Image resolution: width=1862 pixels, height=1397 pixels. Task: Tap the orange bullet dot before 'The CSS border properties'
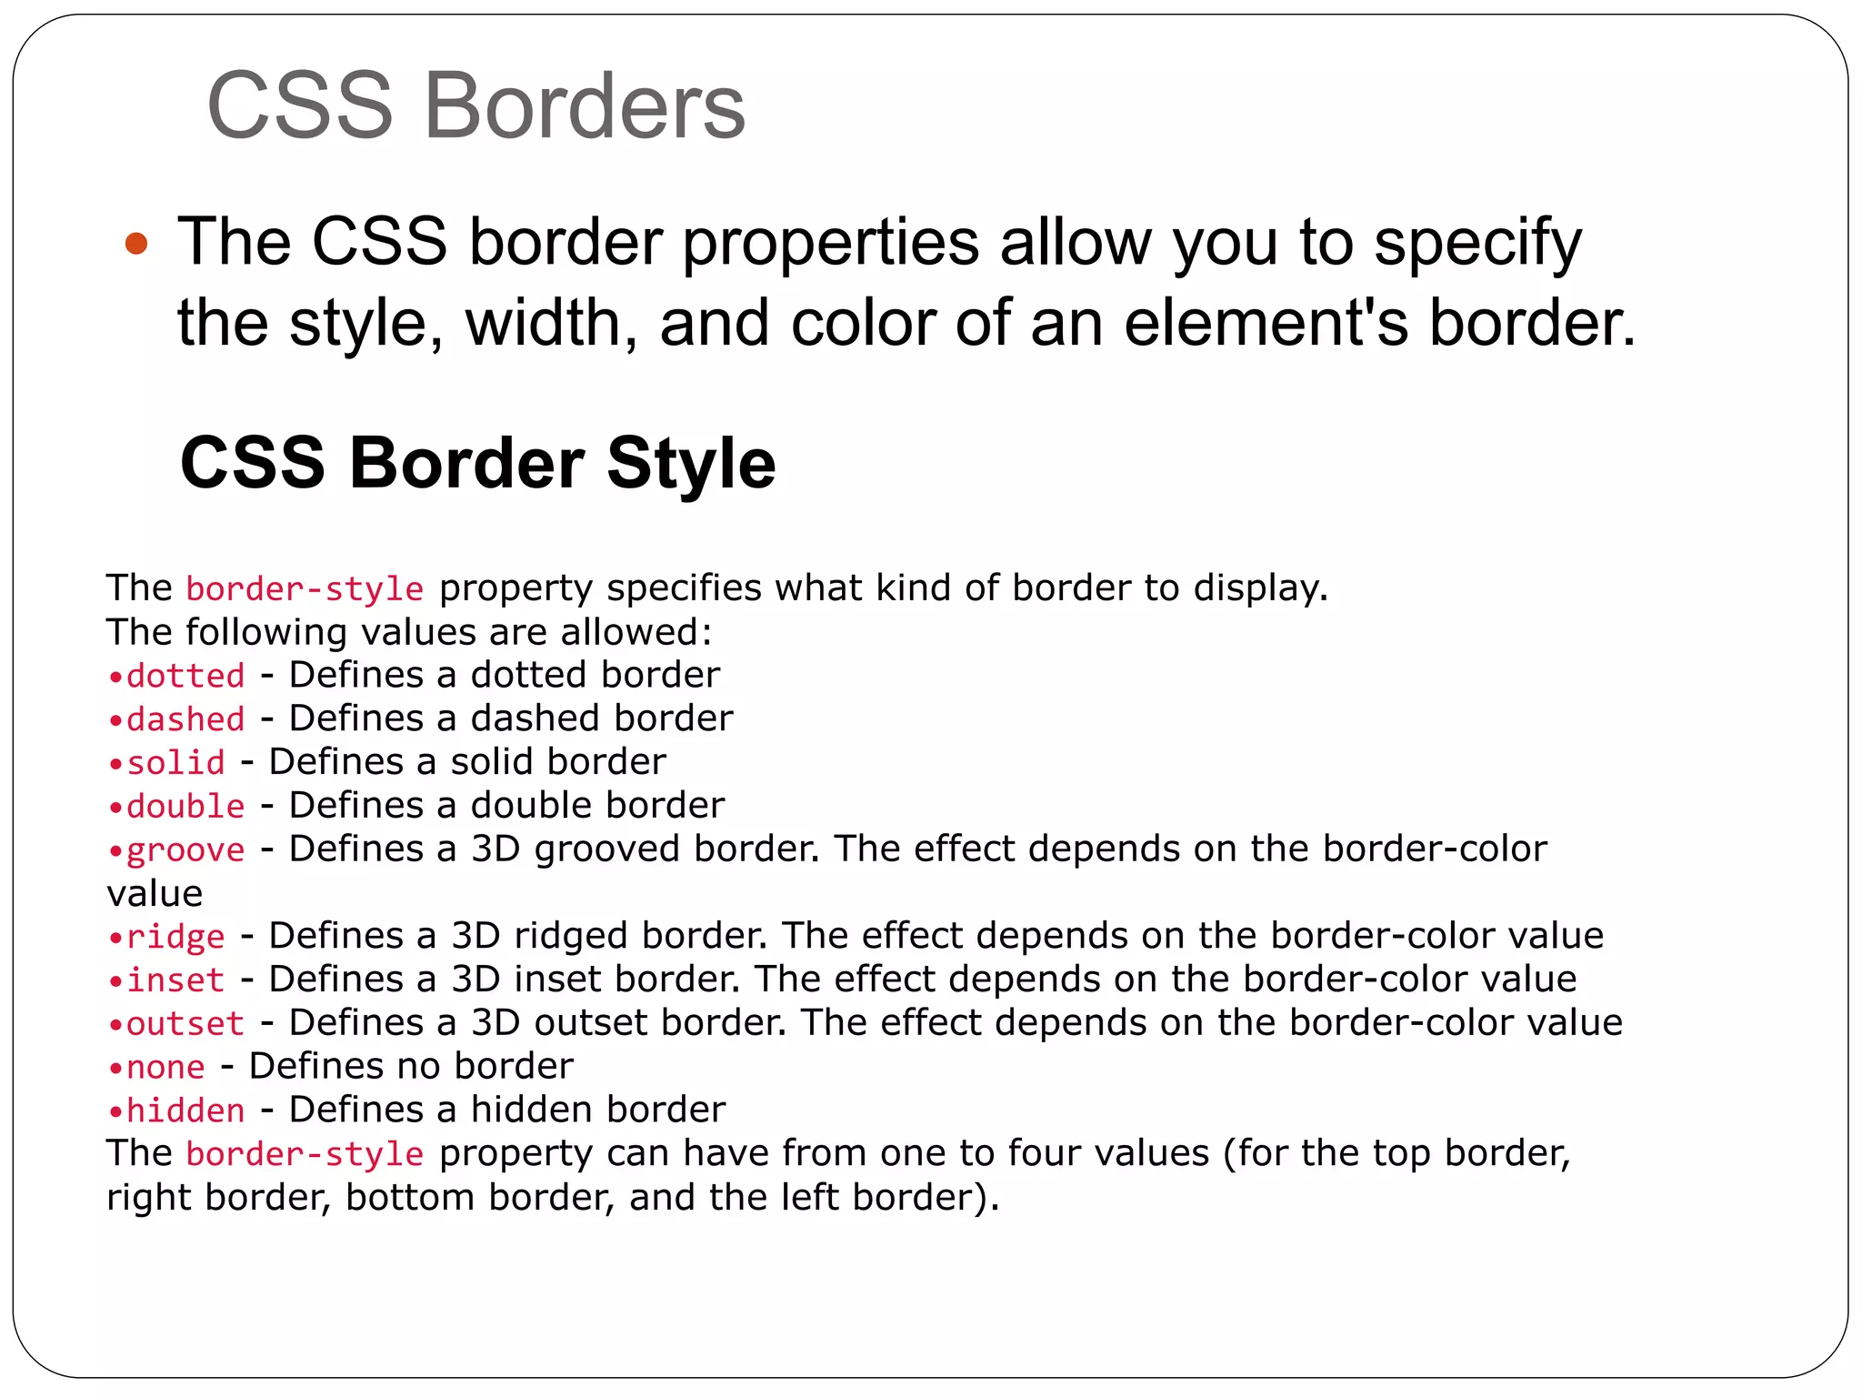136,243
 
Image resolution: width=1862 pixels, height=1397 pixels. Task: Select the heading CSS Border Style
477,463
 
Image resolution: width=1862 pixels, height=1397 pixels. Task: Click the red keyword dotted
185,676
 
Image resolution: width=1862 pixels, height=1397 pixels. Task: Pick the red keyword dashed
185,719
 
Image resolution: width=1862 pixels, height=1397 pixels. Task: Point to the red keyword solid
175,762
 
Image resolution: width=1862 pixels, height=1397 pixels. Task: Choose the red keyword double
185,806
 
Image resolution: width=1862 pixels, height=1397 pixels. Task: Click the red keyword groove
185,850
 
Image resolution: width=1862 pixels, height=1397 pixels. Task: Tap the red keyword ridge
175,936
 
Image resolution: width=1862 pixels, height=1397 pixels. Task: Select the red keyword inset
175,980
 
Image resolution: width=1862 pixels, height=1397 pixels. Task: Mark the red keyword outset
185,1023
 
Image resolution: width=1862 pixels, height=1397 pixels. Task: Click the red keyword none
165,1067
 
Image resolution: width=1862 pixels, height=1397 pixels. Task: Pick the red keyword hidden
185,1111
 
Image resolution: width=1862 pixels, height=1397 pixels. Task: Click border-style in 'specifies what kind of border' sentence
305,589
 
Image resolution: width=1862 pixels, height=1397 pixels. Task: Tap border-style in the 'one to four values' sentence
305,1154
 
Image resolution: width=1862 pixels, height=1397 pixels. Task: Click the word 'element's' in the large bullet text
1266,323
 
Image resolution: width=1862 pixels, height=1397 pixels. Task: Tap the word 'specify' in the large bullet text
1477,243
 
